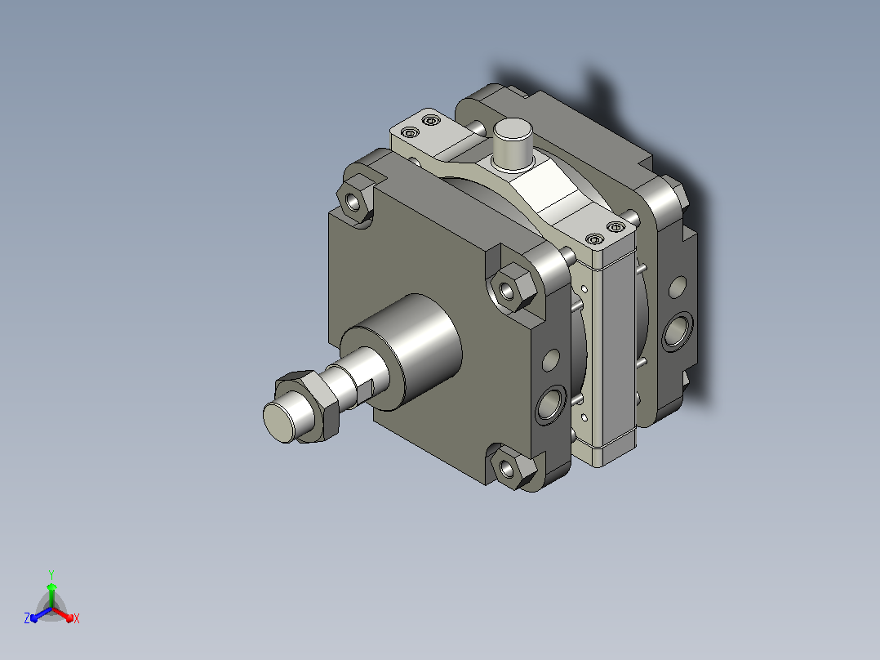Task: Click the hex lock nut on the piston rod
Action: coord(309,404)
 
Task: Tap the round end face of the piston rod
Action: coord(279,421)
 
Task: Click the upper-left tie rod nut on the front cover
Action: coord(354,200)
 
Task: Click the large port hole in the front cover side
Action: coord(551,404)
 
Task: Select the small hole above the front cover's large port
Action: coord(551,360)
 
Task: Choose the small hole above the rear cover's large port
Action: coord(678,287)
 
